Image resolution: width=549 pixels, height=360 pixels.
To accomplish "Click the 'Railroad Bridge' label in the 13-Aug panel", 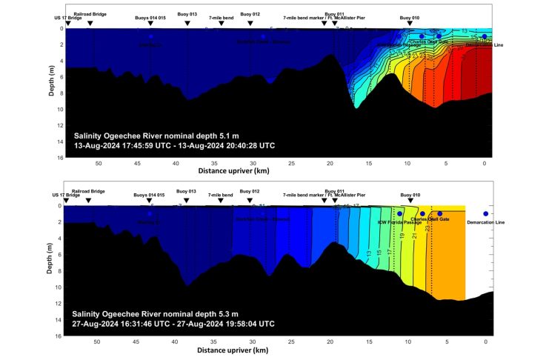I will click(x=90, y=15).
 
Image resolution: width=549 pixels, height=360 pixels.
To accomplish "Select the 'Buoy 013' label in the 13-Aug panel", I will click(x=187, y=15).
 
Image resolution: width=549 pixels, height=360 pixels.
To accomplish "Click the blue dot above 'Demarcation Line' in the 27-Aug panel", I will click(x=485, y=213).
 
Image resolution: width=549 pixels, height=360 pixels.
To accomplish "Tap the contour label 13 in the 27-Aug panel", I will click(x=368, y=253).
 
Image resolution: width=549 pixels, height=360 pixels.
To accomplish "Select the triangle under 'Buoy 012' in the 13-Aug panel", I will click(x=251, y=23).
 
